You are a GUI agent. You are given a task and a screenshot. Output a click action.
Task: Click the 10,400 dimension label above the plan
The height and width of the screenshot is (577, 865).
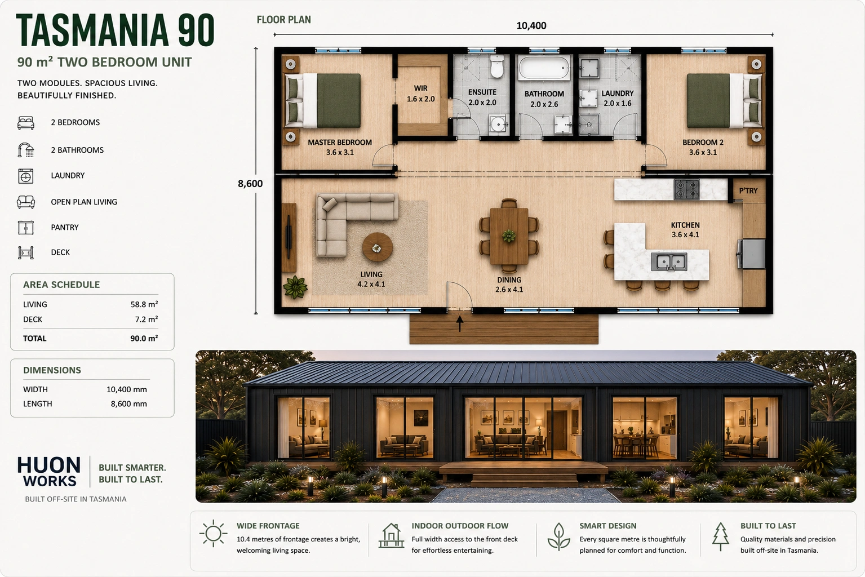(531, 26)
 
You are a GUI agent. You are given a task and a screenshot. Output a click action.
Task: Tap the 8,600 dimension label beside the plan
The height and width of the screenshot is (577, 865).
(250, 184)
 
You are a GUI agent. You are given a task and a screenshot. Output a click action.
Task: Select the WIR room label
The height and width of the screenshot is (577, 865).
(420, 88)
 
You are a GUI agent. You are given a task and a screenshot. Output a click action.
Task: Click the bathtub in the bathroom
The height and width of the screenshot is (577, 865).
(544, 68)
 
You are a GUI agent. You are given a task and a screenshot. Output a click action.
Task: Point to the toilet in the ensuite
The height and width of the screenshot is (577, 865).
(496, 66)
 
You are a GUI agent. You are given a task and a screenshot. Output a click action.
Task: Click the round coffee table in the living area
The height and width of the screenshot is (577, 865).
(378, 247)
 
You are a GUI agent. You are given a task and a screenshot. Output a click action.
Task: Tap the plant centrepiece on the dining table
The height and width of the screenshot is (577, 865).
(508, 236)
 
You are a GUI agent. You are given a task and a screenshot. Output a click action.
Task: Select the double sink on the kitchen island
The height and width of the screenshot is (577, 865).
(669, 261)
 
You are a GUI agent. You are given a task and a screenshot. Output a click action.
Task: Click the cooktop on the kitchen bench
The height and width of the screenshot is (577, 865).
(686, 189)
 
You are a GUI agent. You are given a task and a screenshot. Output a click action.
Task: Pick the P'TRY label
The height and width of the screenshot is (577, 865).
(748, 191)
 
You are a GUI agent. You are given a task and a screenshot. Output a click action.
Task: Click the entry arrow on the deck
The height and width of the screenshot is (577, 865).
(459, 323)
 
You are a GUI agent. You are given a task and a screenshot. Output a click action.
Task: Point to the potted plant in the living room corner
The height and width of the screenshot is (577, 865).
(295, 287)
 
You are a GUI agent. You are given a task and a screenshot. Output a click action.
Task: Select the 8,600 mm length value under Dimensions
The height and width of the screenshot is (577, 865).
(129, 404)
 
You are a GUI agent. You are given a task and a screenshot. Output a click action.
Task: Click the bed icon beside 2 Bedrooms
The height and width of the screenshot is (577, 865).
(26, 123)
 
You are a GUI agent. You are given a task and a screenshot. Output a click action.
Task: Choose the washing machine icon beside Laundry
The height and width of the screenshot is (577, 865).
(26, 176)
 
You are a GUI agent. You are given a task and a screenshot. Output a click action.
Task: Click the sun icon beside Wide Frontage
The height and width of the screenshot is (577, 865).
(213, 534)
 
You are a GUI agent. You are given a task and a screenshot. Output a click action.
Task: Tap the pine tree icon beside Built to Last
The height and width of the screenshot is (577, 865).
(721, 536)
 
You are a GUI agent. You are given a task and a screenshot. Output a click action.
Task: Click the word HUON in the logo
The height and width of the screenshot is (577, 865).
(49, 465)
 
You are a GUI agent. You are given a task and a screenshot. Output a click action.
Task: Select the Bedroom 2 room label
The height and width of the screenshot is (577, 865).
(703, 142)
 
